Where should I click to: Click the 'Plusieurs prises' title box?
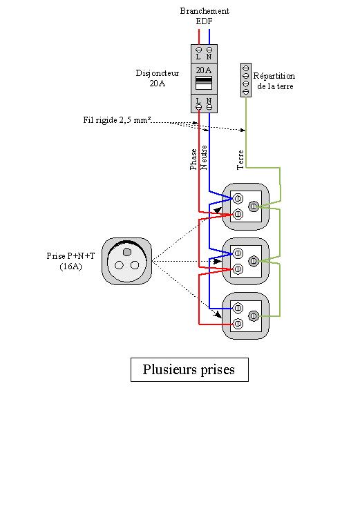[189, 369]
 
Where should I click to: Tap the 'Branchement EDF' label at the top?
[205, 16]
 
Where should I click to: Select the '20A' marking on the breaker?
[203, 70]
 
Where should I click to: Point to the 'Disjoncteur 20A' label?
[158, 78]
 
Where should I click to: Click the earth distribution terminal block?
[246, 80]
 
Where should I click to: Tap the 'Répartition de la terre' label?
[274, 81]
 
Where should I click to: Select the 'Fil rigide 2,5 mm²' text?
[117, 120]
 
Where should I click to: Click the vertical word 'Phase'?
[193, 159]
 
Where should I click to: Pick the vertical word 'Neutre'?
[203, 157]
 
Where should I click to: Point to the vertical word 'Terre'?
[240, 159]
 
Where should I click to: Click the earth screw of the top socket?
[254, 206]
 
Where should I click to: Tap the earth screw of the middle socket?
[254, 261]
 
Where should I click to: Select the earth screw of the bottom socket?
[254, 316]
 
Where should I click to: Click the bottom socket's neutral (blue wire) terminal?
[238, 308]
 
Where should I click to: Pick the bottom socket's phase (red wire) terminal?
[238, 324]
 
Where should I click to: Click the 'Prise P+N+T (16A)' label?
[70, 261]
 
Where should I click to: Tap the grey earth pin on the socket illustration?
[127, 251]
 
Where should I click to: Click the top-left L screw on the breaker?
[198, 50]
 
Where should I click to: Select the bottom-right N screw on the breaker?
[209, 107]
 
